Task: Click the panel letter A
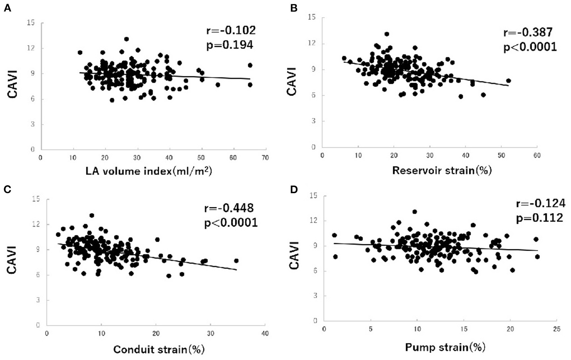coord(7,9)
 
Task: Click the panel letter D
coord(294,190)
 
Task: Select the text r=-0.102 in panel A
coord(231,31)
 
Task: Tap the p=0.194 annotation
coord(229,45)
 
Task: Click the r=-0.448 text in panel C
coord(229,208)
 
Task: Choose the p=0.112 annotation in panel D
coord(539,218)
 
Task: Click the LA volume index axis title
coord(149,171)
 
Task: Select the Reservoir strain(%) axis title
coord(442,170)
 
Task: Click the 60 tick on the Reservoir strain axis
coord(537,155)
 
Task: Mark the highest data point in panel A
coord(127,39)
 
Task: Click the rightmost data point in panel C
coord(236,261)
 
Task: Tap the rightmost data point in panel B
coord(508,81)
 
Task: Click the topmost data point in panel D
coord(414,212)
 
